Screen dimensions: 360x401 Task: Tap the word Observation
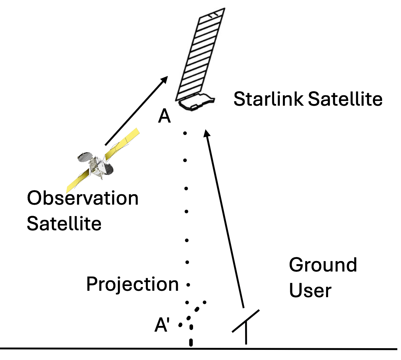click(83, 198)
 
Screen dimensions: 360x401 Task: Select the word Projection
click(132, 284)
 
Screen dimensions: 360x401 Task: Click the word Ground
click(323, 265)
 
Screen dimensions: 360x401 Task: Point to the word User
click(310, 290)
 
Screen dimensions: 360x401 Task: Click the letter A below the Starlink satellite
click(164, 117)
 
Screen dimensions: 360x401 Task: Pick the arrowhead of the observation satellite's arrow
click(164, 79)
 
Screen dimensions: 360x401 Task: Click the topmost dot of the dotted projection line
click(185, 134)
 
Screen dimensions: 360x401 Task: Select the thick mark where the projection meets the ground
click(191, 343)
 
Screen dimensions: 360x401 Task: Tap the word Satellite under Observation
click(64, 224)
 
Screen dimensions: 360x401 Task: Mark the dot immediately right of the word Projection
click(188, 285)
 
